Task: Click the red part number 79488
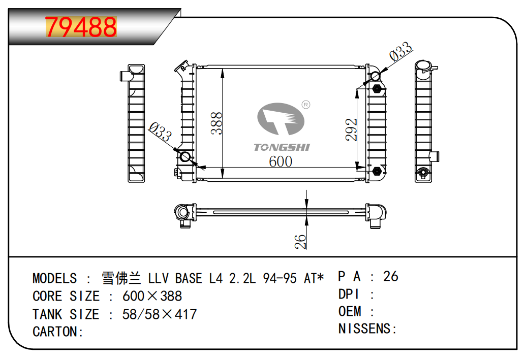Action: pyautogui.click(x=81, y=27)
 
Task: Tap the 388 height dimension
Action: pyautogui.click(x=218, y=123)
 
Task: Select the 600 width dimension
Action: pyautogui.click(x=281, y=161)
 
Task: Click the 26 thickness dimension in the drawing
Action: pyautogui.click(x=301, y=241)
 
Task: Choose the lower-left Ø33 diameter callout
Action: pyautogui.click(x=160, y=133)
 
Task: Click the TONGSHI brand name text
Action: pyautogui.click(x=282, y=147)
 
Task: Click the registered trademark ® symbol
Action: pyautogui.click(x=306, y=104)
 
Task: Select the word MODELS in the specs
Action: pyautogui.click(x=55, y=278)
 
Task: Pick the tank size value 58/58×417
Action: pyautogui.click(x=160, y=314)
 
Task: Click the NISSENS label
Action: pyautogui.click(x=367, y=329)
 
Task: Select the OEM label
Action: pyautogui.click(x=350, y=311)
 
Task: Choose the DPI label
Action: pyautogui.click(x=349, y=294)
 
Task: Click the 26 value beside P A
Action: pyautogui.click(x=391, y=276)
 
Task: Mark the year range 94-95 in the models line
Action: pyautogui.click(x=280, y=278)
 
